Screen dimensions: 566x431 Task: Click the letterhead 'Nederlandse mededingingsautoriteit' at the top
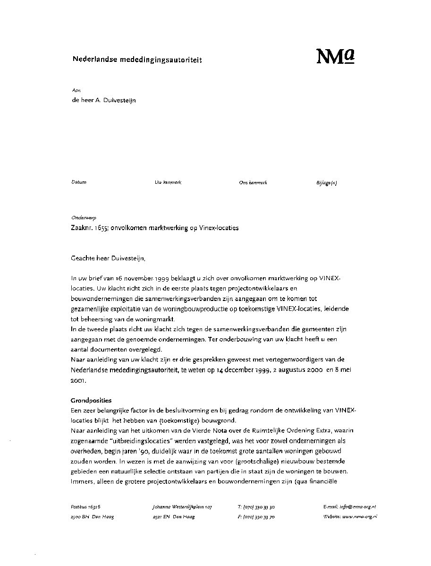[137, 60]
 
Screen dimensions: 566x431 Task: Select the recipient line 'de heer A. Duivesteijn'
[103, 100]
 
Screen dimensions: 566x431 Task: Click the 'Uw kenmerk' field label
[168, 182]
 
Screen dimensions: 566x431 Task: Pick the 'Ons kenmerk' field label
[253, 183]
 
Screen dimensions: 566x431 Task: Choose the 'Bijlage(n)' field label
[327, 183]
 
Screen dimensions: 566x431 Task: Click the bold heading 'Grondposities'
[91, 400]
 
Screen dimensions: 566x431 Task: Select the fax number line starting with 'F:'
[256, 517]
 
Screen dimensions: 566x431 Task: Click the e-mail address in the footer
[350, 506]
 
